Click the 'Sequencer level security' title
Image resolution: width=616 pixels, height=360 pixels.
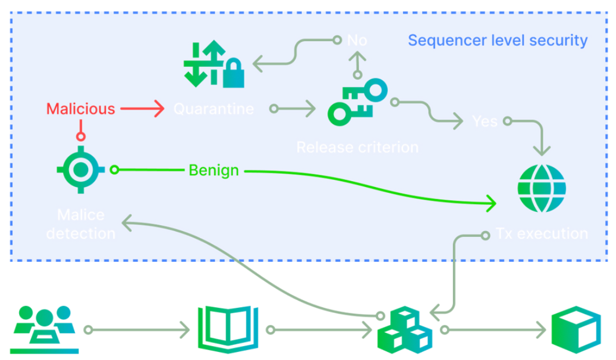pyautogui.click(x=498, y=41)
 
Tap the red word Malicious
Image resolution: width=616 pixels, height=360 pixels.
pyautogui.click(x=81, y=109)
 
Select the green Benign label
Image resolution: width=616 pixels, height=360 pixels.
pyautogui.click(x=214, y=171)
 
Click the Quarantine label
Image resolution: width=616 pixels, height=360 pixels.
pyautogui.click(x=214, y=109)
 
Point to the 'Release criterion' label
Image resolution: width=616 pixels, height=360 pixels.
pyautogui.click(x=357, y=147)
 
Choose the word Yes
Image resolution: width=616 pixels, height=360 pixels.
pyautogui.click(x=485, y=122)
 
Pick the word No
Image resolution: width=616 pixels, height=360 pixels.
pyautogui.click(x=357, y=41)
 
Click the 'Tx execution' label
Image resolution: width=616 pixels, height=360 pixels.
pyautogui.click(x=542, y=235)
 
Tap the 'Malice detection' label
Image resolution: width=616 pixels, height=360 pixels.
pyautogui.click(x=81, y=225)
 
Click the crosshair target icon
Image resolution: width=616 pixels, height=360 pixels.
pyautogui.click(x=81, y=170)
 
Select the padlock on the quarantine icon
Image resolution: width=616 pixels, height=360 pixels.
pyautogui.click(x=233, y=73)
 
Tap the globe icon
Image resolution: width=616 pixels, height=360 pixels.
pyautogui.click(x=541, y=189)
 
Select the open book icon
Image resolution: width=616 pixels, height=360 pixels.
pyautogui.click(x=228, y=329)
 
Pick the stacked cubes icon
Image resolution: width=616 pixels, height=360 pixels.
pyautogui.click(x=404, y=331)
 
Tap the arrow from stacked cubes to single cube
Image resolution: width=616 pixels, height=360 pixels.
pyautogui.click(x=493, y=330)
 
